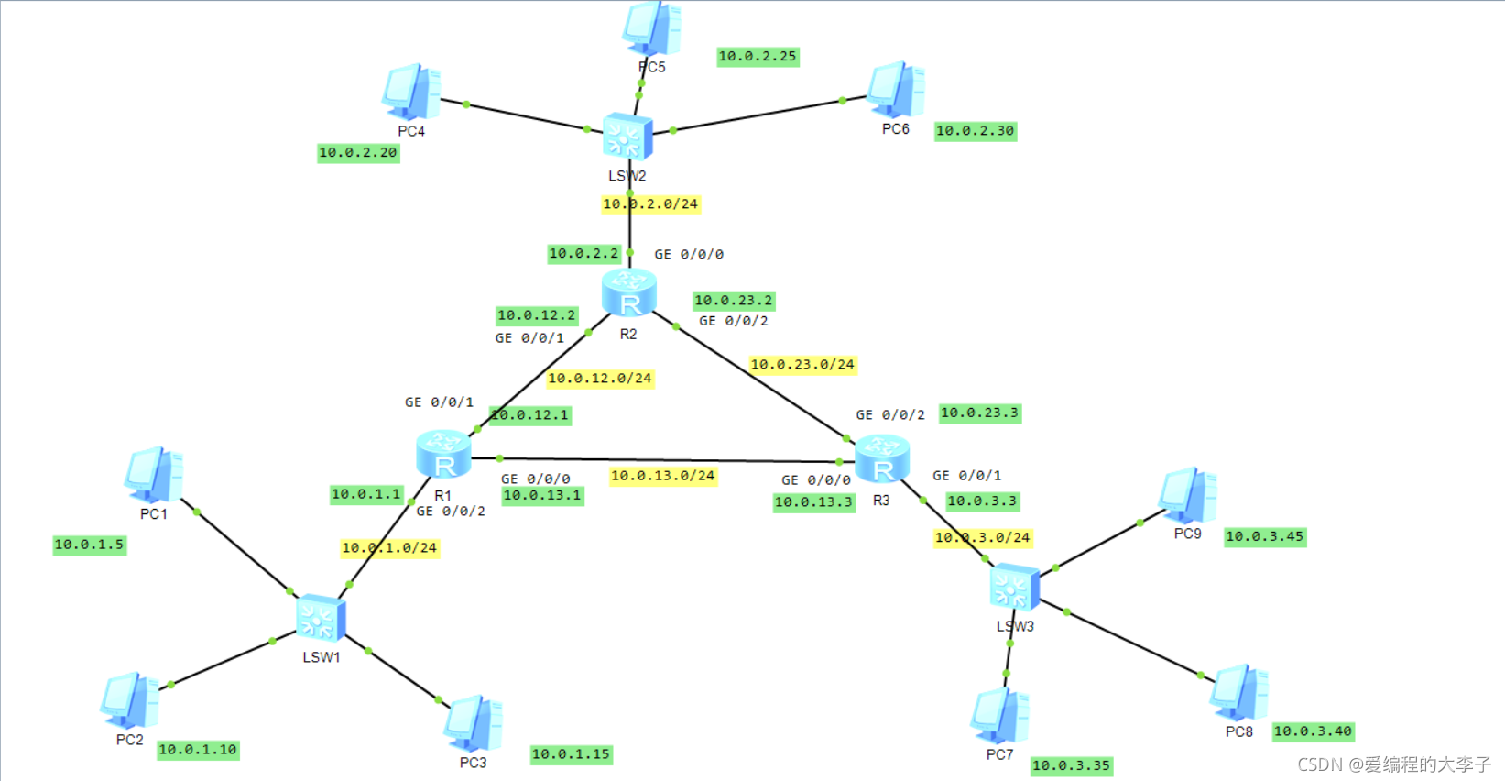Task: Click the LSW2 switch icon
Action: (627, 137)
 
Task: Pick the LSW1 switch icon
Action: (321, 618)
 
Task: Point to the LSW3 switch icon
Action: (1014, 587)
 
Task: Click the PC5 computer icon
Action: (651, 29)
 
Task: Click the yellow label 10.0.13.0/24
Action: (662, 476)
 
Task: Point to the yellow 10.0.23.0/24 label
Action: (802, 365)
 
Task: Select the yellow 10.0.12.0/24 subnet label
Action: (600, 379)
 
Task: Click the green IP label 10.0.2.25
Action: (758, 57)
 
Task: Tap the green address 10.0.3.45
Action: (1265, 537)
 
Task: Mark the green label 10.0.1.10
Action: (198, 750)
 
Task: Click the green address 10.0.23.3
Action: (979, 413)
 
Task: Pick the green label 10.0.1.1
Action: (366, 495)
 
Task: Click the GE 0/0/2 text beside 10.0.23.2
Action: (734, 321)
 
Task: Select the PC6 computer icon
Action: (895, 90)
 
